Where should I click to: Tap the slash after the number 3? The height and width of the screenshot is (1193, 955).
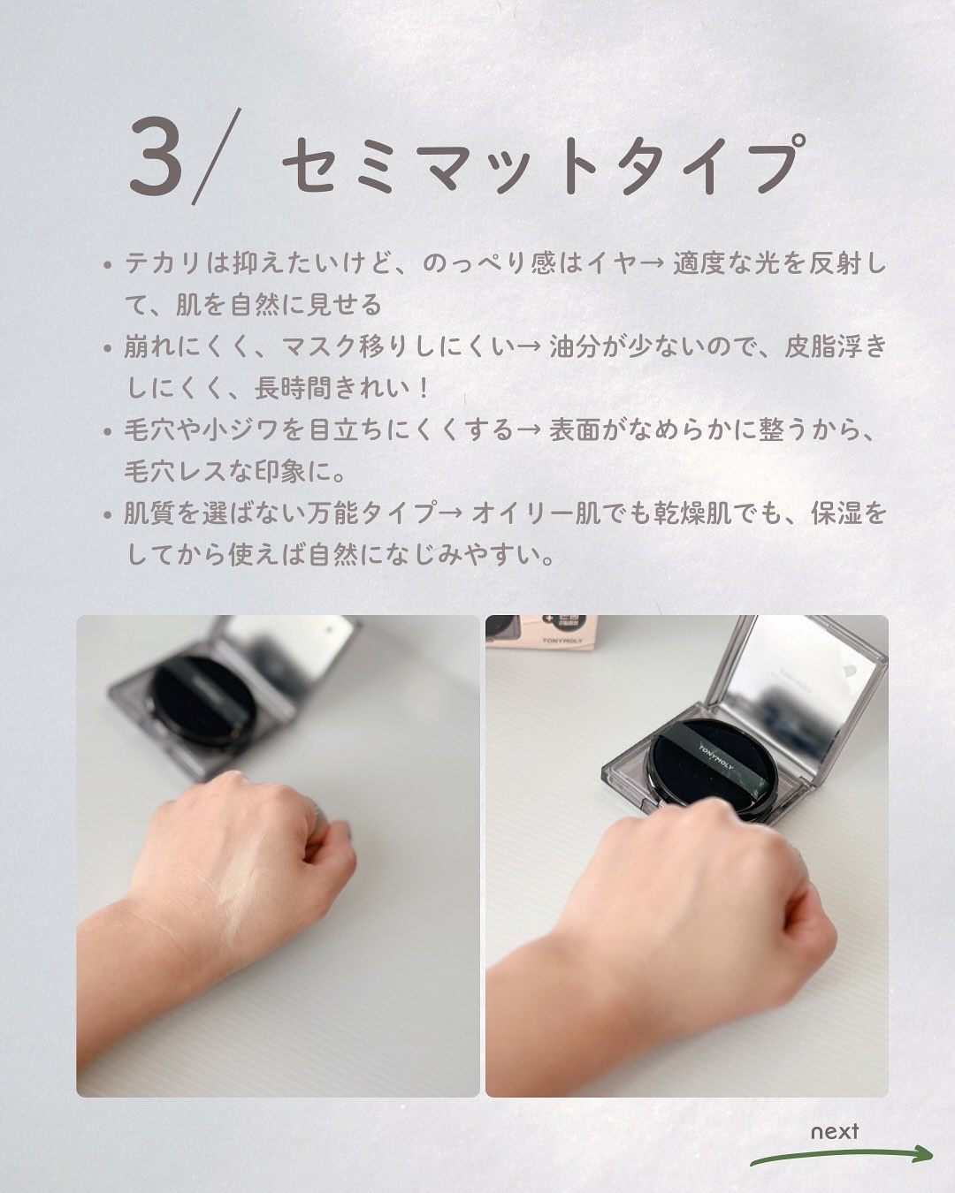[217, 156]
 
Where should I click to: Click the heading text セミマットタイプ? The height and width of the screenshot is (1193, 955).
[544, 164]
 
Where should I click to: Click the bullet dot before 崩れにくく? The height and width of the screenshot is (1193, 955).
[108, 349]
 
